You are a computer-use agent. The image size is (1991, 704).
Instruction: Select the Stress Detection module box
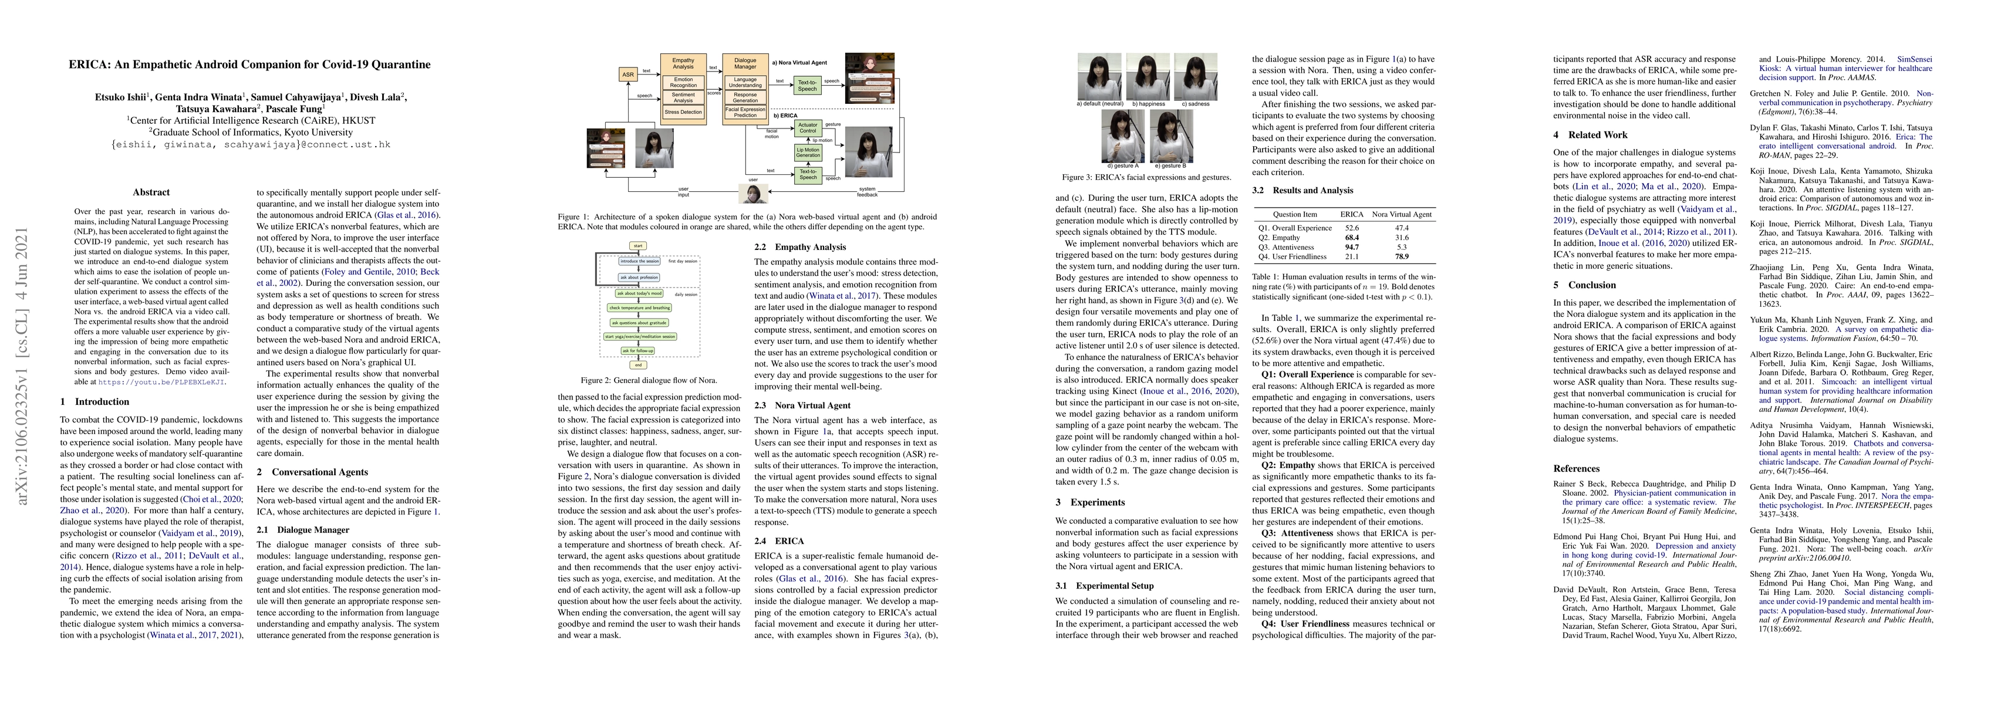click(x=683, y=112)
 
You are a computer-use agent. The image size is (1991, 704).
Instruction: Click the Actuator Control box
click(x=808, y=127)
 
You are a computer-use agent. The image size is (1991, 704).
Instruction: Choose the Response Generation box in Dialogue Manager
click(x=745, y=97)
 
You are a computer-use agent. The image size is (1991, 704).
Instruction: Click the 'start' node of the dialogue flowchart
click(x=637, y=246)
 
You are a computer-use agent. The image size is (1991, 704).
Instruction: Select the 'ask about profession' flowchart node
click(x=639, y=277)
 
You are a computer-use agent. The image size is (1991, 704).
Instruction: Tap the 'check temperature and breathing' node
click(x=639, y=307)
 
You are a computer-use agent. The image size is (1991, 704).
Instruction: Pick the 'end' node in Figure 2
click(x=637, y=365)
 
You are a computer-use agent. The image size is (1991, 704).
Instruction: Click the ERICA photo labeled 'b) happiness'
click(x=1147, y=75)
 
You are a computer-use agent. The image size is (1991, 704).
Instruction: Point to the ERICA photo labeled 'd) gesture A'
click(x=1122, y=136)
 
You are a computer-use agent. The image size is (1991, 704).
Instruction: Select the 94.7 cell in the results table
click(x=1351, y=248)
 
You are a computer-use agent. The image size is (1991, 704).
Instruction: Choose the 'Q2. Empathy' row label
click(x=1278, y=237)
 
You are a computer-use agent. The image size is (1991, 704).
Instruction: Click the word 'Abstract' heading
click(x=151, y=192)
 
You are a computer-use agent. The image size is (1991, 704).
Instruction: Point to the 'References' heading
click(x=1576, y=468)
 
